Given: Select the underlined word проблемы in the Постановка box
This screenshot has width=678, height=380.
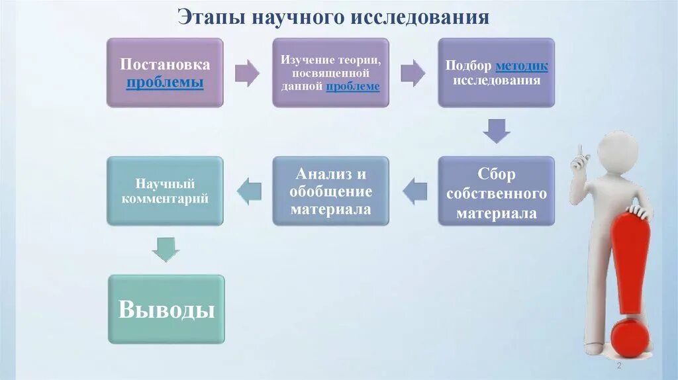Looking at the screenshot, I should (165, 83).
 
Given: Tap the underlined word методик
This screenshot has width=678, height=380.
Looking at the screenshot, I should (522, 67).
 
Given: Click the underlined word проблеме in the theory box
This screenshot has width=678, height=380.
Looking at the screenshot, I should (353, 86).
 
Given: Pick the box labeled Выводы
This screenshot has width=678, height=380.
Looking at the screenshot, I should (166, 309).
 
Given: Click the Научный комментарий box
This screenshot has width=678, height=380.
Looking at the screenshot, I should (165, 191).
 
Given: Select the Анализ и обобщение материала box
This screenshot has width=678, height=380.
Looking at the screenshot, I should (330, 191).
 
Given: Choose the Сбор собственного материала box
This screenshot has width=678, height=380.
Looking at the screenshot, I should (496, 191).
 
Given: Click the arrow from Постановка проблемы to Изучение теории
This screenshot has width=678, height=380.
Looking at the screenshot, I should (247, 73).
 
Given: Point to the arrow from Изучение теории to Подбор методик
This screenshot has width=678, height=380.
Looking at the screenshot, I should (412, 73).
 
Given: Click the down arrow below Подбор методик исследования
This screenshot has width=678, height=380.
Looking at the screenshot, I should (496, 130).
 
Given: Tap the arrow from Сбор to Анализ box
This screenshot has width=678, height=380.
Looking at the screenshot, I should (415, 191).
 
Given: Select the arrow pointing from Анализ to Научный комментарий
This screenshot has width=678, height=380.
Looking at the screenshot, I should (249, 191).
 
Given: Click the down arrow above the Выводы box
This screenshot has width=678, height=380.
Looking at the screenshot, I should (165, 249).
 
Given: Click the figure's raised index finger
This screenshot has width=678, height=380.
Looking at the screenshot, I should (579, 152).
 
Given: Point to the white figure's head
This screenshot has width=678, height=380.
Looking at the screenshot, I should (618, 150).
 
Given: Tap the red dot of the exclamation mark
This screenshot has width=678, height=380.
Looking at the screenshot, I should (630, 338).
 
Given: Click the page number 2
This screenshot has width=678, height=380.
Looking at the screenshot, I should (618, 366).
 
